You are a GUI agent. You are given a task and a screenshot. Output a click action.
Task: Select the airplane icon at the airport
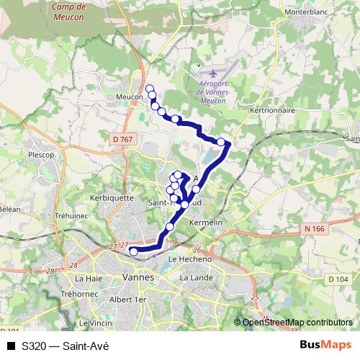[x=212, y=74]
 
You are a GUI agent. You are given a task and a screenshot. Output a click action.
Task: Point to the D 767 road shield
[x=123, y=139]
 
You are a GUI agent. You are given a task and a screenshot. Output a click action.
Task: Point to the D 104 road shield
[x=338, y=279]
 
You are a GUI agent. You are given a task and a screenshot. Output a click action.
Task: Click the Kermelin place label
[x=204, y=223]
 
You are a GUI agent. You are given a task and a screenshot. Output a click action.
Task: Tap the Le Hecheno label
[x=189, y=258]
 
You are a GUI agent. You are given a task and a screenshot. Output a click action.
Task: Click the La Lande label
[x=194, y=277]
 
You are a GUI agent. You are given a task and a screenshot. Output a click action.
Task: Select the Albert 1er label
[x=131, y=299]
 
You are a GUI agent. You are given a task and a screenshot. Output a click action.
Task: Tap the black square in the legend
[x=11, y=346]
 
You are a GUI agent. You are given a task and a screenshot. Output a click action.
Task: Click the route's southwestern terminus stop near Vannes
[x=133, y=251]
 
